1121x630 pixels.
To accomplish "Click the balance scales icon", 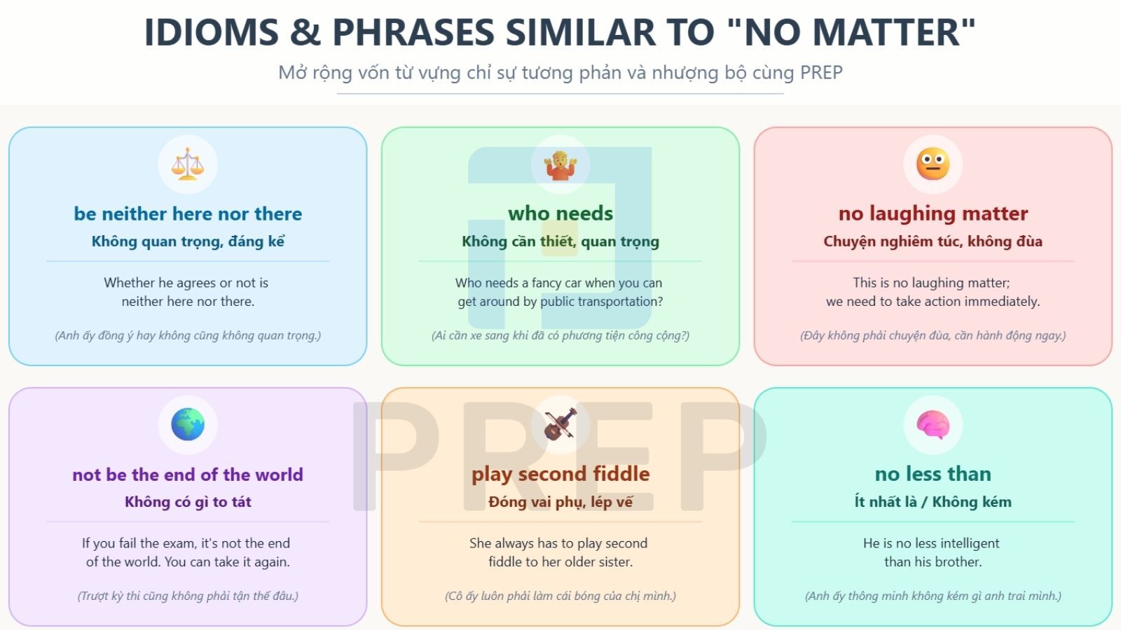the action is click(x=188, y=164).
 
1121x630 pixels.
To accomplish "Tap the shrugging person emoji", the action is click(x=560, y=164).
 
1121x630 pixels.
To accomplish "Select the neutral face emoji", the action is click(x=933, y=164).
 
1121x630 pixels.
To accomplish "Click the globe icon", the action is click(x=188, y=424).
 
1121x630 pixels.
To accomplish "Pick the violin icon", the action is click(x=560, y=424).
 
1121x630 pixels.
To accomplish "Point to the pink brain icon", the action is click(x=933, y=425).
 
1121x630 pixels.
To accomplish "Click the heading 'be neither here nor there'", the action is click(x=188, y=214).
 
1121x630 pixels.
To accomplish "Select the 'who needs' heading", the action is click(x=560, y=214).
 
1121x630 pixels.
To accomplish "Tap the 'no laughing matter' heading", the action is click(x=933, y=214).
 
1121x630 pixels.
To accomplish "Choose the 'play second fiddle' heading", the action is click(x=560, y=474).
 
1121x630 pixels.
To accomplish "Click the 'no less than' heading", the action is click(x=933, y=474).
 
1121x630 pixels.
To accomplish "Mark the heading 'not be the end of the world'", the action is click(x=188, y=475).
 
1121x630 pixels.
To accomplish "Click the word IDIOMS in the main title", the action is click(x=211, y=32).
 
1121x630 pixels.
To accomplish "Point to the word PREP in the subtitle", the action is click(x=820, y=73).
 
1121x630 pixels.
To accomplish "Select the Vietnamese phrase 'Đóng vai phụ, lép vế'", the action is click(x=560, y=502).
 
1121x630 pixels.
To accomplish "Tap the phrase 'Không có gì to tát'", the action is click(x=188, y=502).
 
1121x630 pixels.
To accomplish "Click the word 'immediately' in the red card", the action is click(x=1002, y=302).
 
